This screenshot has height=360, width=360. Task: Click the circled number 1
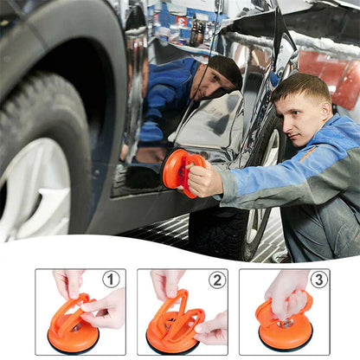(x=111, y=280)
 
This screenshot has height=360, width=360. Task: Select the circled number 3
(x=318, y=280)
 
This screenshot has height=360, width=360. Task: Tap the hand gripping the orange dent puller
(x=203, y=180)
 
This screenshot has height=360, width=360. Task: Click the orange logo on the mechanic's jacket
(x=309, y=152)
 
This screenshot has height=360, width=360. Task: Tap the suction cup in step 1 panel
(x=73, y=329)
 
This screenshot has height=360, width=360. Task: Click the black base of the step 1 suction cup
(x=73, y=347)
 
